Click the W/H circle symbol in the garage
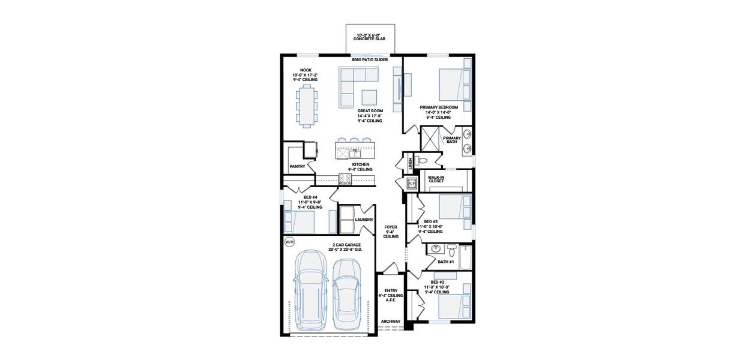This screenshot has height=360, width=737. click(289, 242)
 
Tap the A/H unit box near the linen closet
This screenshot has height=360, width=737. click(411, 183)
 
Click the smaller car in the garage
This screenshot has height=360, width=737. click(346, 289)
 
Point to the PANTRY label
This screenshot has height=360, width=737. click(297, 166)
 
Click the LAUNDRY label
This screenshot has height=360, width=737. click(364, 220)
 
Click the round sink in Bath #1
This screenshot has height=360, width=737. click(437, 248)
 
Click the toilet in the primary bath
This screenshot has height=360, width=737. click(422, 160)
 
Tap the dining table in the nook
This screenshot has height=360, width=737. click(307, 106)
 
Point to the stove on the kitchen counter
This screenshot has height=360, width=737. click(345, 178)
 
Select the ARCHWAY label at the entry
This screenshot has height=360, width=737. click(391, 321)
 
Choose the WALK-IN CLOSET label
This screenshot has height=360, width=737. click(436, 179)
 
